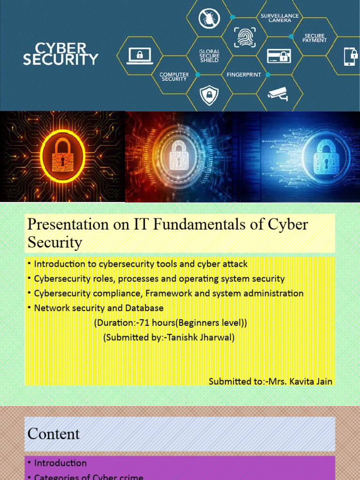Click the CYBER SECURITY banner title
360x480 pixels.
coord(61,54)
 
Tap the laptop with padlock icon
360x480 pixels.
coord(140,56)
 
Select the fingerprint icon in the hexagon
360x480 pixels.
coord(244,37)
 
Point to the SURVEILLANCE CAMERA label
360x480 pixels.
coord(280,18)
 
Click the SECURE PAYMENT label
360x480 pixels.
coord(314,37)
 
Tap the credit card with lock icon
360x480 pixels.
coord(279,56)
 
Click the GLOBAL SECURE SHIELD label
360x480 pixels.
coord(209,56)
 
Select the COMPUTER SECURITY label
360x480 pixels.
coord(174,77)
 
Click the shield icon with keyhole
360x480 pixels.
coord(209,95)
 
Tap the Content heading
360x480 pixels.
coord(53,434)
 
